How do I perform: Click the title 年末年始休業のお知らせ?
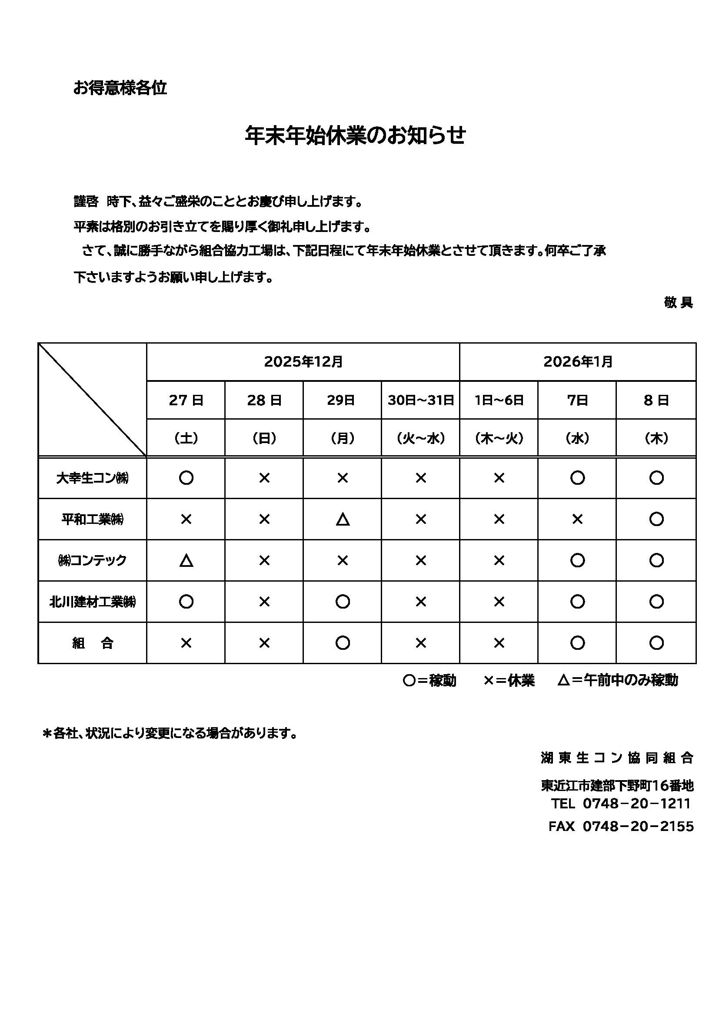coord(355,136)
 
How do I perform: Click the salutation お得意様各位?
coord(120,88)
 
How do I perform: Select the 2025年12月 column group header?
coord(303,361)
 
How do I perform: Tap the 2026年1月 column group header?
coord(578,361)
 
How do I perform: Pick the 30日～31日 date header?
coord(421,400)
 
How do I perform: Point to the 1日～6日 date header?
coord(499,400)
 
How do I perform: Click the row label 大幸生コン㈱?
coord(93,478)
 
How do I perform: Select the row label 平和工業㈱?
coord(93,519)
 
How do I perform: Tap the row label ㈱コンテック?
coord(93,560)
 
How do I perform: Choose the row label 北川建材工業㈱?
coord(93,602)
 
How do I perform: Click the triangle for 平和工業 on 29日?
coord(343,519)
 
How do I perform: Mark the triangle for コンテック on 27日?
coord(186,561)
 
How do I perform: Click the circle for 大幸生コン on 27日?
coord(186,478)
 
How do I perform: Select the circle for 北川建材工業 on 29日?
coord(343,602)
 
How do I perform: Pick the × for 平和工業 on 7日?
coord(577,519)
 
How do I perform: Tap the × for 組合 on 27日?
coord(186,643)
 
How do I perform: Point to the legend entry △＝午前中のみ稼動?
coord(618,680)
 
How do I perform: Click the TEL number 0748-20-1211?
coord(637,803)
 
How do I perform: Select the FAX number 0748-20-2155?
coord(638,826)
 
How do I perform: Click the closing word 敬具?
coord(678,303)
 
